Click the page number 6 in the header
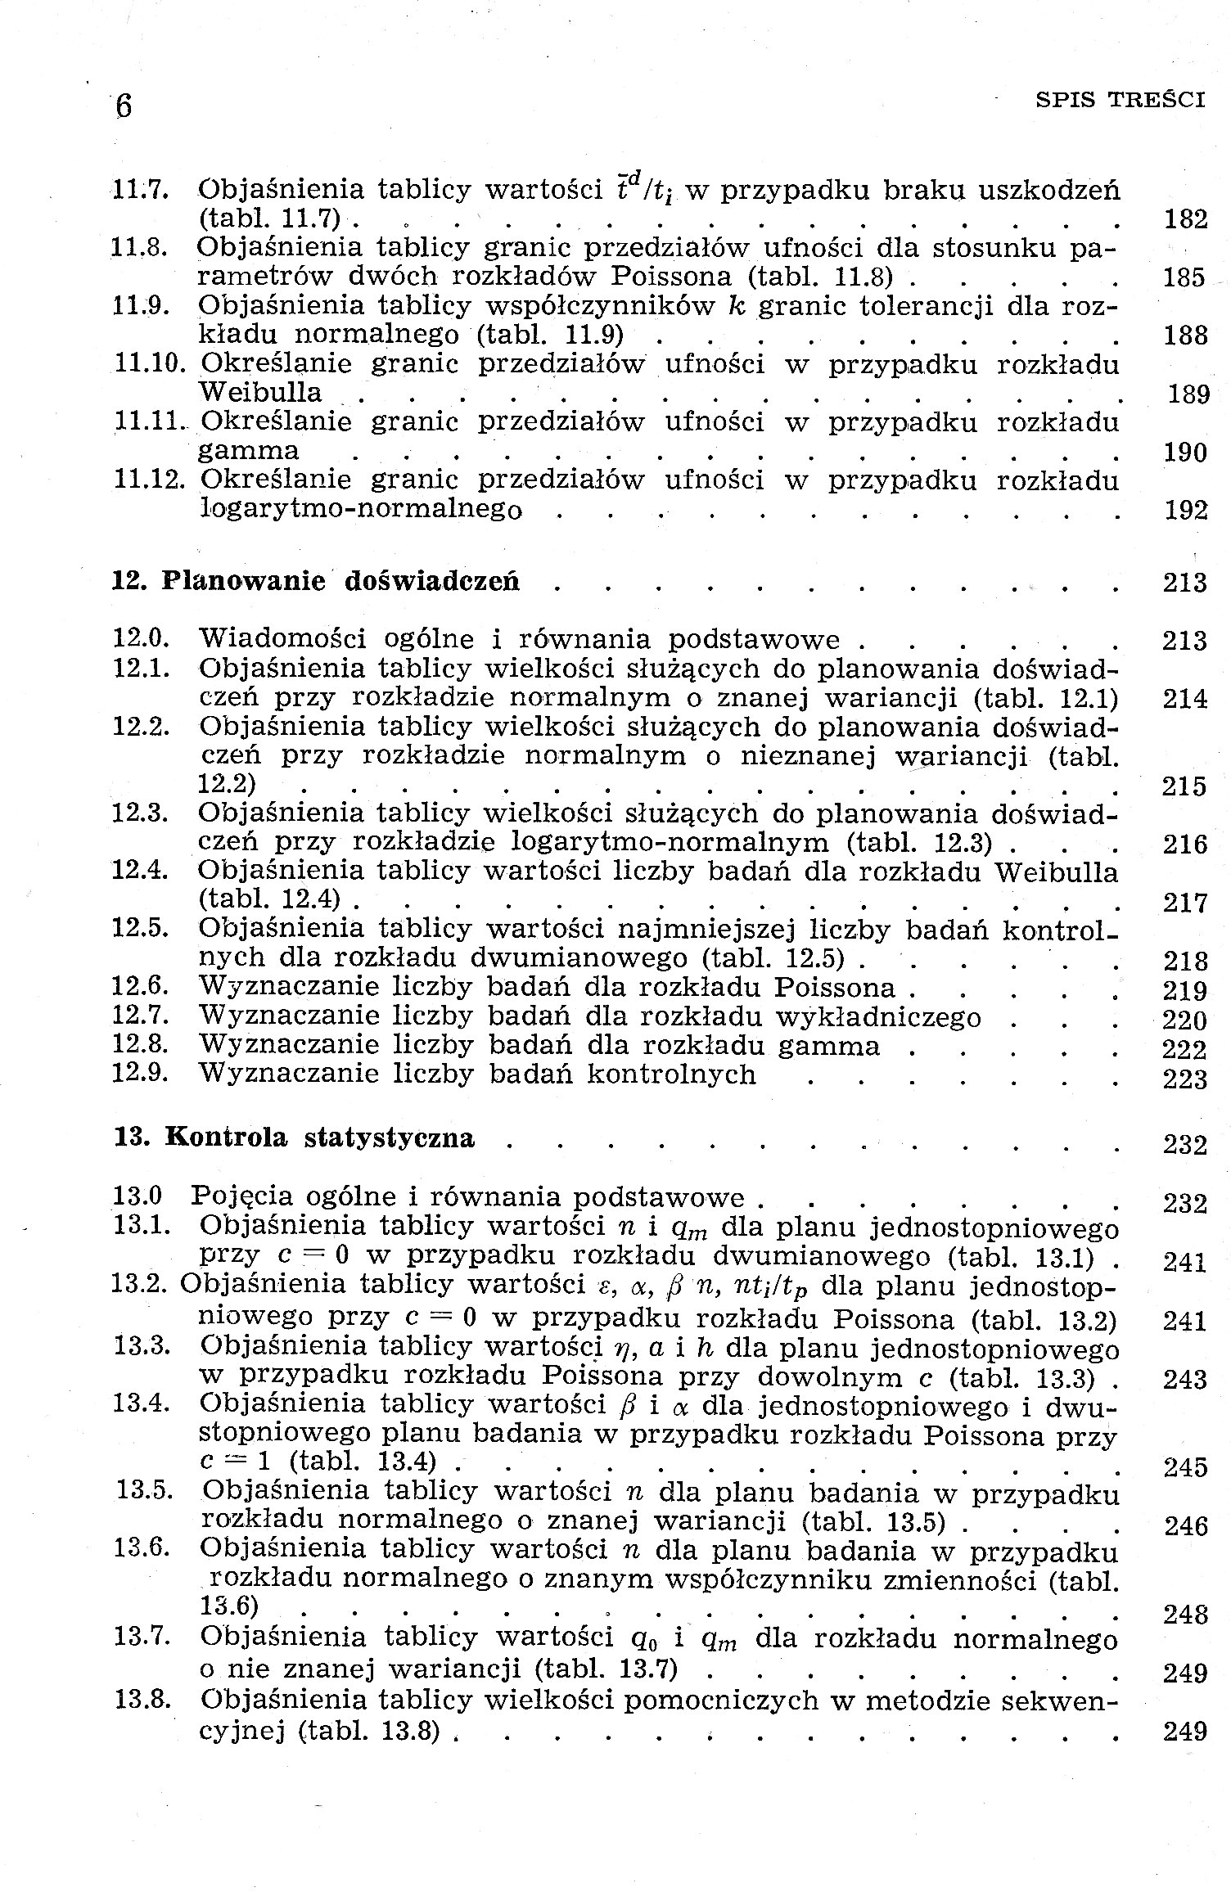click(x=124, y=106)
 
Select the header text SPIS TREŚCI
click(x=1120, y=101)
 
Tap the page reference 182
click(x=1184, y=219)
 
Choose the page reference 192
click(x=1184, y=511)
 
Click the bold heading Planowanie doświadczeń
click(x=340, y=582)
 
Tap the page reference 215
click(x=1184, y=786)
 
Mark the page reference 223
click(x=1184, y=1079)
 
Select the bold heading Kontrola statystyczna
click(x=320, y=1139)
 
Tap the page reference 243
click(x=1184, y=1381)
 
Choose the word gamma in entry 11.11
click(x=249, y=452)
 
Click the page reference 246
click(x=1184, y=1526)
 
